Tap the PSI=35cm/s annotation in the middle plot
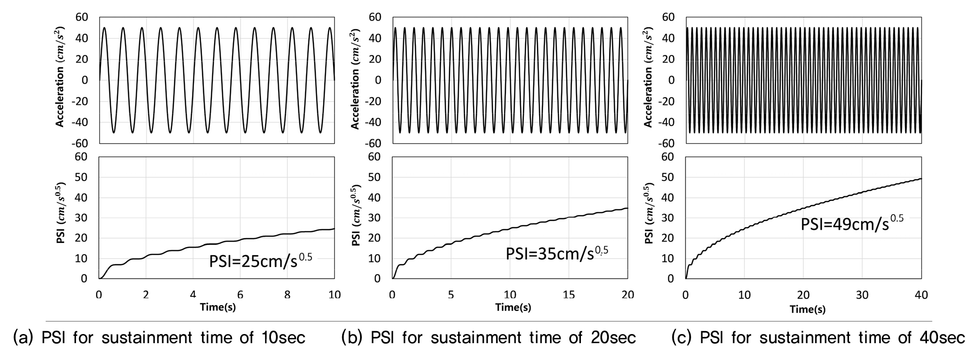point(556,253)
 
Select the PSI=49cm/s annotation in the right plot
point(852,223)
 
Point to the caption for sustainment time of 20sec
point(489,338)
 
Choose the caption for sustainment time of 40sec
point(818,338)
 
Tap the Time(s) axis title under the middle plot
point(513,307)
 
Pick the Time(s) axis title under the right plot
point(807,309)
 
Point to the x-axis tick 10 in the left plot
point(334,295)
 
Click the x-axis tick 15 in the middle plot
point(568,295)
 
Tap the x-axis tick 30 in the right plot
point(862,295)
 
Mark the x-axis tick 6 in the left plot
point(240,295)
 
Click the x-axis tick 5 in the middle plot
point(451,295)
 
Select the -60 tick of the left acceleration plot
point(81,143)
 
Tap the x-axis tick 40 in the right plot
point(921,295)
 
